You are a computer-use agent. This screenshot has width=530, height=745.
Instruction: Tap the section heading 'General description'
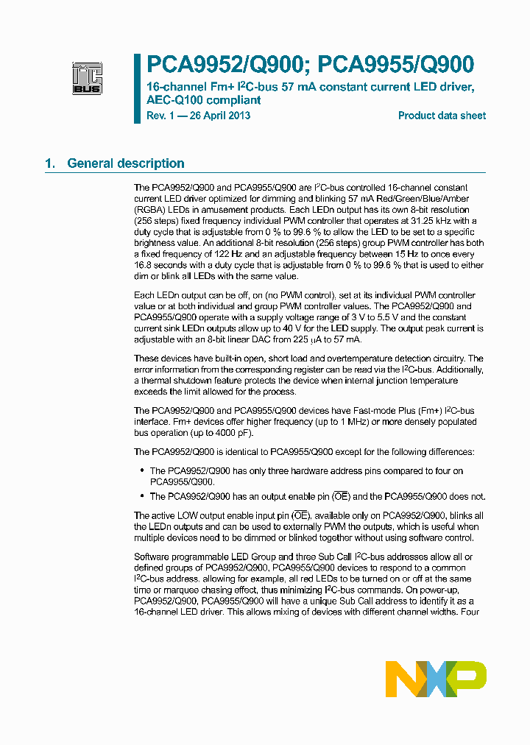coord(126,163)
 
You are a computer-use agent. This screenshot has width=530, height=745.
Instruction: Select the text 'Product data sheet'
coord(442,116)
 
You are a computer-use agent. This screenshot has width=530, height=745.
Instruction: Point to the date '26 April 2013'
coord(219,116)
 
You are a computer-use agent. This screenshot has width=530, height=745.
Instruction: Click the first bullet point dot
coord(141,470)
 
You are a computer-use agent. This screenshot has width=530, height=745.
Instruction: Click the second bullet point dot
coord(141,497)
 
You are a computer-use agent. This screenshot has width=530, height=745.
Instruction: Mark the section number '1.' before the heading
coord(50,163)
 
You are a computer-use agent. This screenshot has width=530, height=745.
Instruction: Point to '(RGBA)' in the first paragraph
coord(149,210)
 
